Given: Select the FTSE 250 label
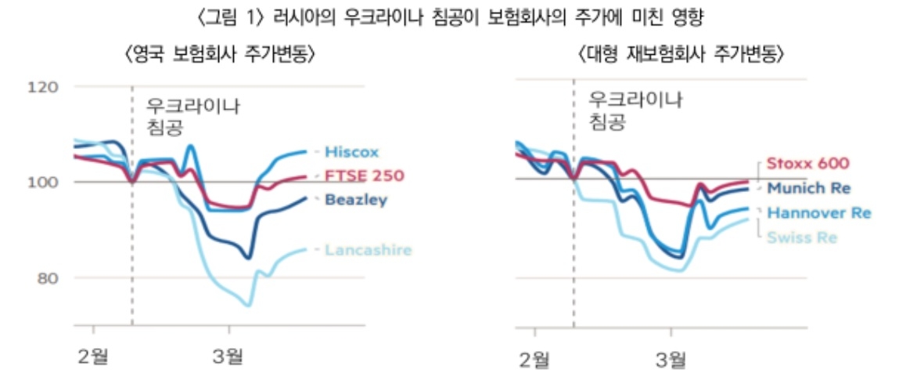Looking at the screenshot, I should pos(364,176).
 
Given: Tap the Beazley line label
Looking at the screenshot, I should pos(356,201).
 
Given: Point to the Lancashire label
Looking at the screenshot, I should pos(367,250).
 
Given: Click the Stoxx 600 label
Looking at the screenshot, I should pos(807,164).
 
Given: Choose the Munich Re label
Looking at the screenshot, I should pos(808,188).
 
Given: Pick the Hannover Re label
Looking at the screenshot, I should pos(818,212).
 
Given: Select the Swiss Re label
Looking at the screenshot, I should pos(803,237).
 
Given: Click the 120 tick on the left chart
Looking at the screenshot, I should pos(43,86).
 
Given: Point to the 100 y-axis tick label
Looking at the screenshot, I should pos(43,182).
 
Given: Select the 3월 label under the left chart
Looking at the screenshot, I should pos(228,357).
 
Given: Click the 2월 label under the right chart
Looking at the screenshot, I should pos(536,360).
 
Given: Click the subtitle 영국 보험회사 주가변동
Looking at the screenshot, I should pos(220,56).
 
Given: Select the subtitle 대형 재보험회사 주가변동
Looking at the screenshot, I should pos(680,55).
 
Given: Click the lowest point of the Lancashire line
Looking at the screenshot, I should pos(249,305).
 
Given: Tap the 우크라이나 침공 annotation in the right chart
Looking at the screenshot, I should pos(634,111).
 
